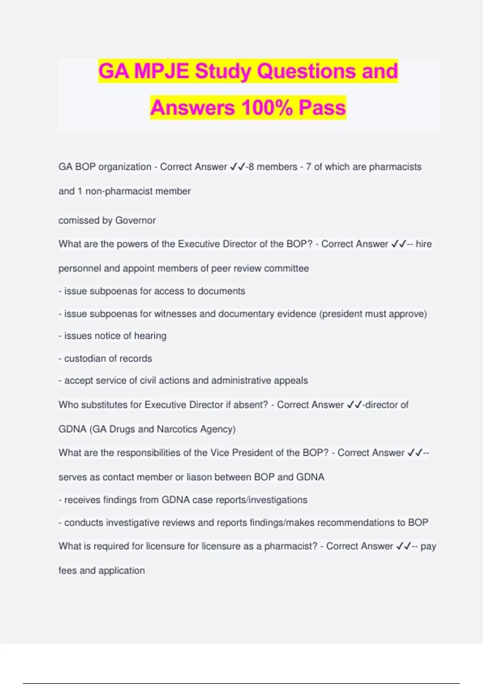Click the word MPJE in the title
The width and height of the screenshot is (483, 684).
coord(161,71)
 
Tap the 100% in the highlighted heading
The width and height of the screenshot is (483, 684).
coord(267,107)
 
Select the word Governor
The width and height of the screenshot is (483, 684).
coord(135,220)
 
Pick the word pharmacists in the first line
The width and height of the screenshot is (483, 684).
coord(395,167)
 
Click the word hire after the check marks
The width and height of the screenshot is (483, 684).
coord(423,244)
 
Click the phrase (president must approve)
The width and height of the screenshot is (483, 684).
coord(373,314)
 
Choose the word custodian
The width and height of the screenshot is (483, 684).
coord(86,358)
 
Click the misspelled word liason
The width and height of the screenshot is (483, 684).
coord(199,477)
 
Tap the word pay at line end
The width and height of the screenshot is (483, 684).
coord(428,546)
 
